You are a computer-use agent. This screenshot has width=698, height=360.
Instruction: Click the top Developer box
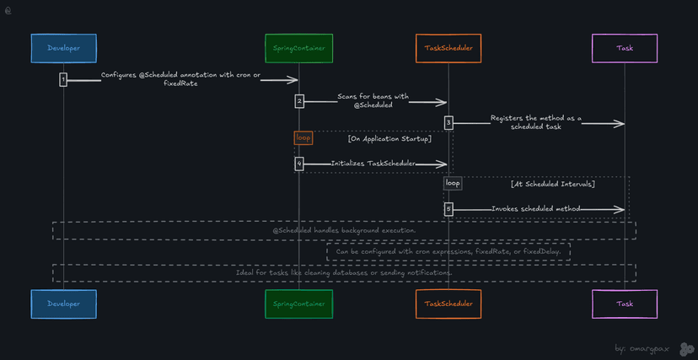click(x=64, y=48)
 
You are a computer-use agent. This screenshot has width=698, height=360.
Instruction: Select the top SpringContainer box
click(x=298, y=48)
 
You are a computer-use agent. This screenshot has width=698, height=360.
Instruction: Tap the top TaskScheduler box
click(x=448, y=48)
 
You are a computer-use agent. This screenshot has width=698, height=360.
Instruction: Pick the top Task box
click(x=625, y=48)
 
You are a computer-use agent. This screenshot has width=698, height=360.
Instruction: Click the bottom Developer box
click(x=64, y=304)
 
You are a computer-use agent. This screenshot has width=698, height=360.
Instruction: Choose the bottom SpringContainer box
click(x=298, y=304)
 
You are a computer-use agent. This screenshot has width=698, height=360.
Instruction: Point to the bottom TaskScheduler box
click(x=448, y=304)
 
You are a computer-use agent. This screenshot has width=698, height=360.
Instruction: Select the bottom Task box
click(x=625, y=304)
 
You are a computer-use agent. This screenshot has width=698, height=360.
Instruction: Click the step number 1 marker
click(x=63, y=79)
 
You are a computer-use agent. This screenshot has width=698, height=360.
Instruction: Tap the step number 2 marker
click(x=299, y=101)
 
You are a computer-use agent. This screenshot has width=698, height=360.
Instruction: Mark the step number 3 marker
click(x=448, y=123)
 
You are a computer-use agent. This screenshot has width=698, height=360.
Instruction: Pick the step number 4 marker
click(x=299, y=164)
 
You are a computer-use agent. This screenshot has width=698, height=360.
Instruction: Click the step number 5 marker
click(x=448, y=208)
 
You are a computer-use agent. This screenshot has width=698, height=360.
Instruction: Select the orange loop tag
click(x=303, y=137)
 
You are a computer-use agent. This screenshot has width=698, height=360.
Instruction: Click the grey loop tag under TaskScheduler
click(x=453, y=183)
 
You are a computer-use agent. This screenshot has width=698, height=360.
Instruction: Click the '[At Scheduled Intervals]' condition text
click(x=552, y=184)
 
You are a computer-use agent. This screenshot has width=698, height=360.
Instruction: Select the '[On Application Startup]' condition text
click(x=389, y=139)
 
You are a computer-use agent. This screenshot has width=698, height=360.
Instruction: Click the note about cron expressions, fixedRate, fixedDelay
click(x=448, y=251)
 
